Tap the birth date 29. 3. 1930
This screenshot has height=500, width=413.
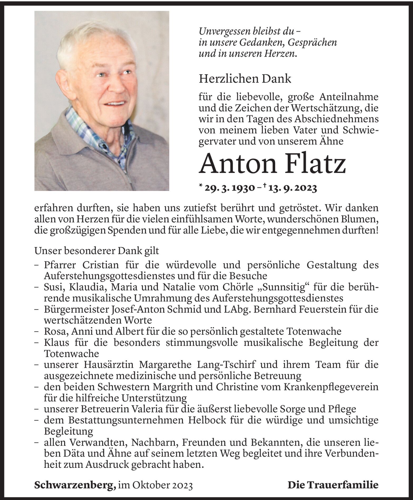[229, 188]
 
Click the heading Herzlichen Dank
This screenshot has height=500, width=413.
[245, 79]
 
